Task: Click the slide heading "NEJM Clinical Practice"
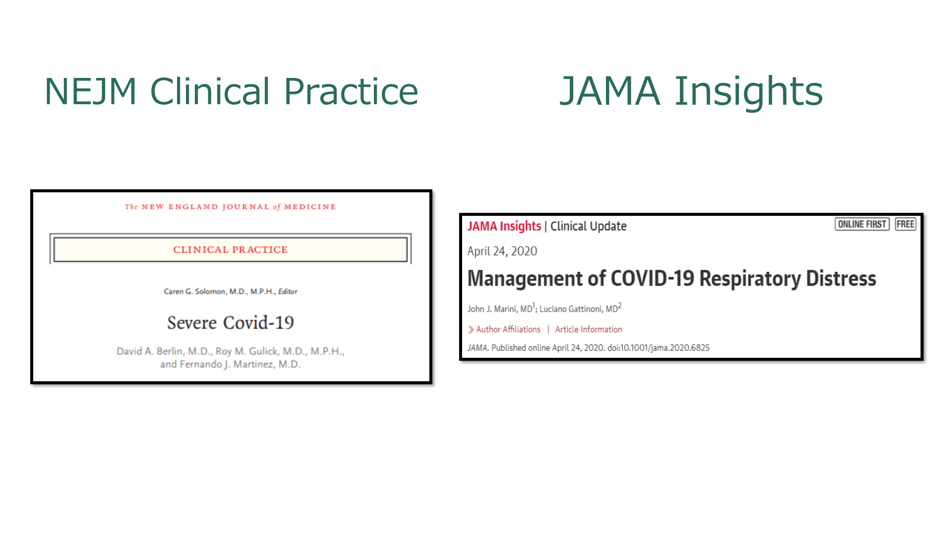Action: point(231,92)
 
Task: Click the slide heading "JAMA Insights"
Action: point(691,91)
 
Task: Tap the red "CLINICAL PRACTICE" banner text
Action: point(231,250)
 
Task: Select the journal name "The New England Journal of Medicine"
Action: point(231,206)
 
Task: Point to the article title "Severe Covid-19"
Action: point(231,323)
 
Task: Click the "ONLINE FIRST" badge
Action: point(862,224)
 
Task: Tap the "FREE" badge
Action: point(905,224)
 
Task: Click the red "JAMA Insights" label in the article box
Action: point(504,226)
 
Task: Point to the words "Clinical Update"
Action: point(589,226)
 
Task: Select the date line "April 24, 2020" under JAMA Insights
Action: point(502,251)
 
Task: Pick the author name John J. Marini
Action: point(500,309)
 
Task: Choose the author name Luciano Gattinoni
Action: point(579,309)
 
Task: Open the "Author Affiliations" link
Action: point(508,330)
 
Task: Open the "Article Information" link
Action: point(589,330)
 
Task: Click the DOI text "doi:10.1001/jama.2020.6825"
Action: point(658,348)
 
